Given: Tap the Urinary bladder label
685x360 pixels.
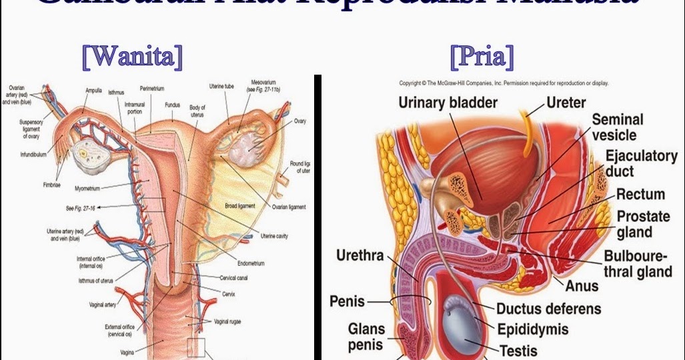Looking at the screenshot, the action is [x=448, y=103].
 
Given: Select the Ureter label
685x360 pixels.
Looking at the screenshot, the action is [x=566, y=103].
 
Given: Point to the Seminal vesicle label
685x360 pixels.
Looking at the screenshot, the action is [x=618, y=127].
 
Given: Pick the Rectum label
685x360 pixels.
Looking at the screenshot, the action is [x=640, y=195].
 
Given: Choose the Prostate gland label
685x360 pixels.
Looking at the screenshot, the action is [x=643, y=225].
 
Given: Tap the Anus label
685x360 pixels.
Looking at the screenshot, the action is [x=582, y=287].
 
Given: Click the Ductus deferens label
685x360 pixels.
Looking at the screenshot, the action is [x=548, y=309].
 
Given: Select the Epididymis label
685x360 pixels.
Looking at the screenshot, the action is [x=533, y=329].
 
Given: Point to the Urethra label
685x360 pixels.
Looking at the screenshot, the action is [x=360, y=256].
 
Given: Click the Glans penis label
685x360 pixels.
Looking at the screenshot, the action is [x=366, y=337].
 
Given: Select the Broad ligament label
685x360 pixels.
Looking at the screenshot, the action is [x=241, y=206].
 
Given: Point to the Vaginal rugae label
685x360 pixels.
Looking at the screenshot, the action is [x=227, y=321].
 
